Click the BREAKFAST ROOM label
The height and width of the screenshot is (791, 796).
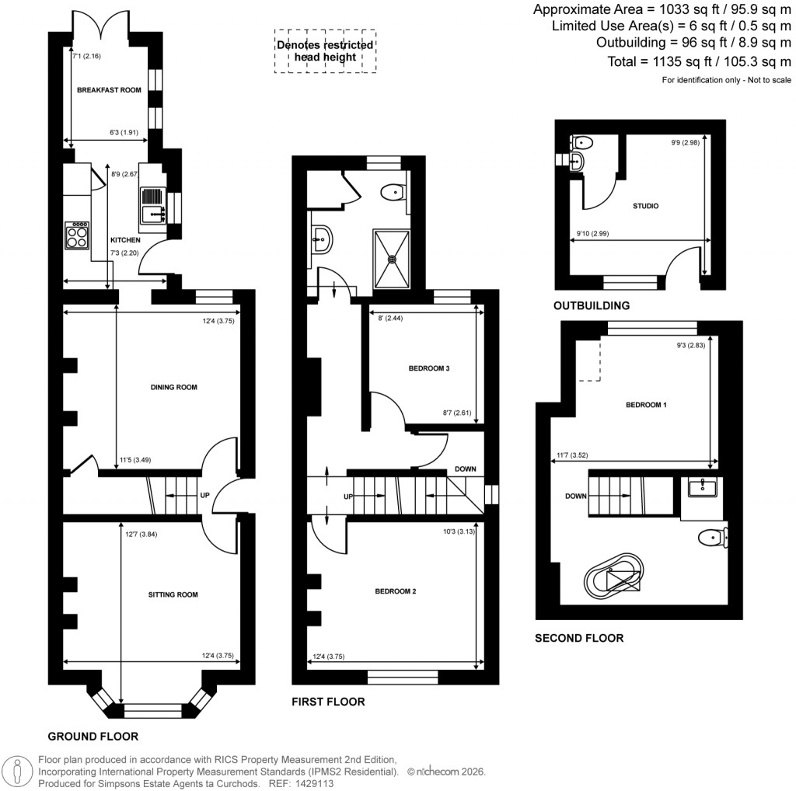point(109,91)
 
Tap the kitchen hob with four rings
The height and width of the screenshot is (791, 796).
point(77,235)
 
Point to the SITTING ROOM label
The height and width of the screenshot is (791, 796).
point(173,595)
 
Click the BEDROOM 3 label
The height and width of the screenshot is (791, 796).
point(429,368)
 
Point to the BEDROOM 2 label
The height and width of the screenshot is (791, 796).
point(396,591)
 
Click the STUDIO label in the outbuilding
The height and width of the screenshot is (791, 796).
point(645,207)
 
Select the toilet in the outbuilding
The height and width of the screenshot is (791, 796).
point(581,141)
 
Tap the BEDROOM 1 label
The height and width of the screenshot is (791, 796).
point(645,405)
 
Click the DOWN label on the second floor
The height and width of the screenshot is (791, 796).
point(576,496)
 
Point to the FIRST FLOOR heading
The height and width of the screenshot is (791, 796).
point(328,702)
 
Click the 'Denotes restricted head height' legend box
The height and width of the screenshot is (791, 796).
point(326,51)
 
